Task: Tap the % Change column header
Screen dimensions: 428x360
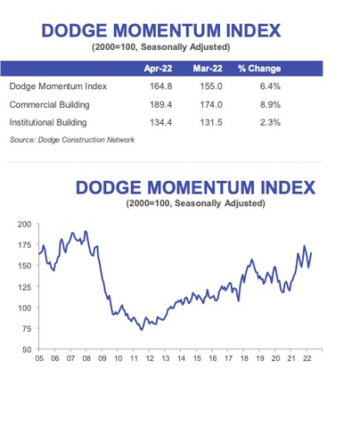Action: click(x=259, y=68)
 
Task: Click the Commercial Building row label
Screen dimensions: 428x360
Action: click(x=51, y=105)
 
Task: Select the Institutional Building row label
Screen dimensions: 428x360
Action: click(x=53, y=123)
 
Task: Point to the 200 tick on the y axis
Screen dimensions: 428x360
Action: click(x=24, y=224)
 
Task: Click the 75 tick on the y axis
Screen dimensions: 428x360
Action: click(x=27, y=328)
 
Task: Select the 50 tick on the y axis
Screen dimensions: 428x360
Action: click(x=27, y=349)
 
